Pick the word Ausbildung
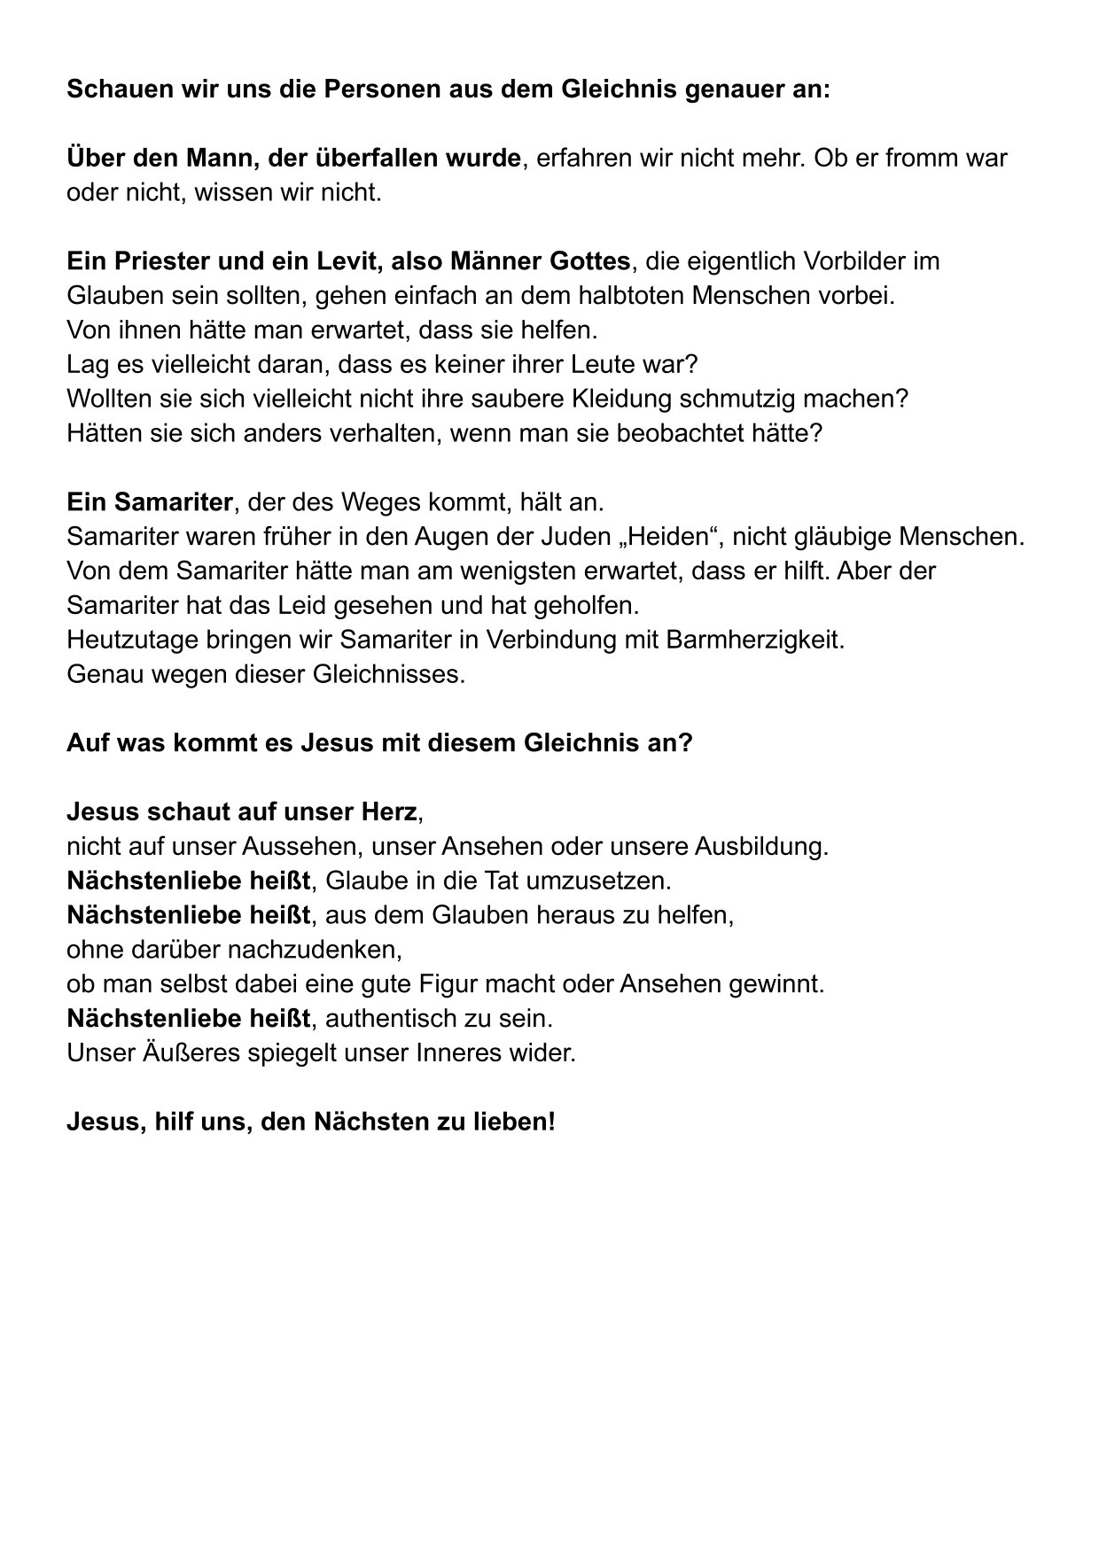point(760,846)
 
